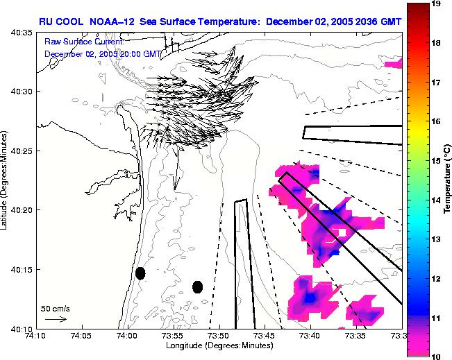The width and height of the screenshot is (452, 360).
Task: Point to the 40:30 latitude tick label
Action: (x=22, y=92)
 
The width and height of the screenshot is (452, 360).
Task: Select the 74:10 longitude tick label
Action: (x=37, y=336)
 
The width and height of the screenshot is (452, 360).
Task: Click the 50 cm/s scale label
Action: (x=54, y=308)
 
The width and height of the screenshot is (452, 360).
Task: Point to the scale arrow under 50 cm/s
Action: (x=56, y=319)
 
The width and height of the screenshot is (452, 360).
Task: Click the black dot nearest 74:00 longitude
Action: (x=140, y=273)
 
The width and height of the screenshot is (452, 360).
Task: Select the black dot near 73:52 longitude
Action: (x=198, y=286)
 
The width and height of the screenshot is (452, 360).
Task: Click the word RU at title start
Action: (x=46, y=21)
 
